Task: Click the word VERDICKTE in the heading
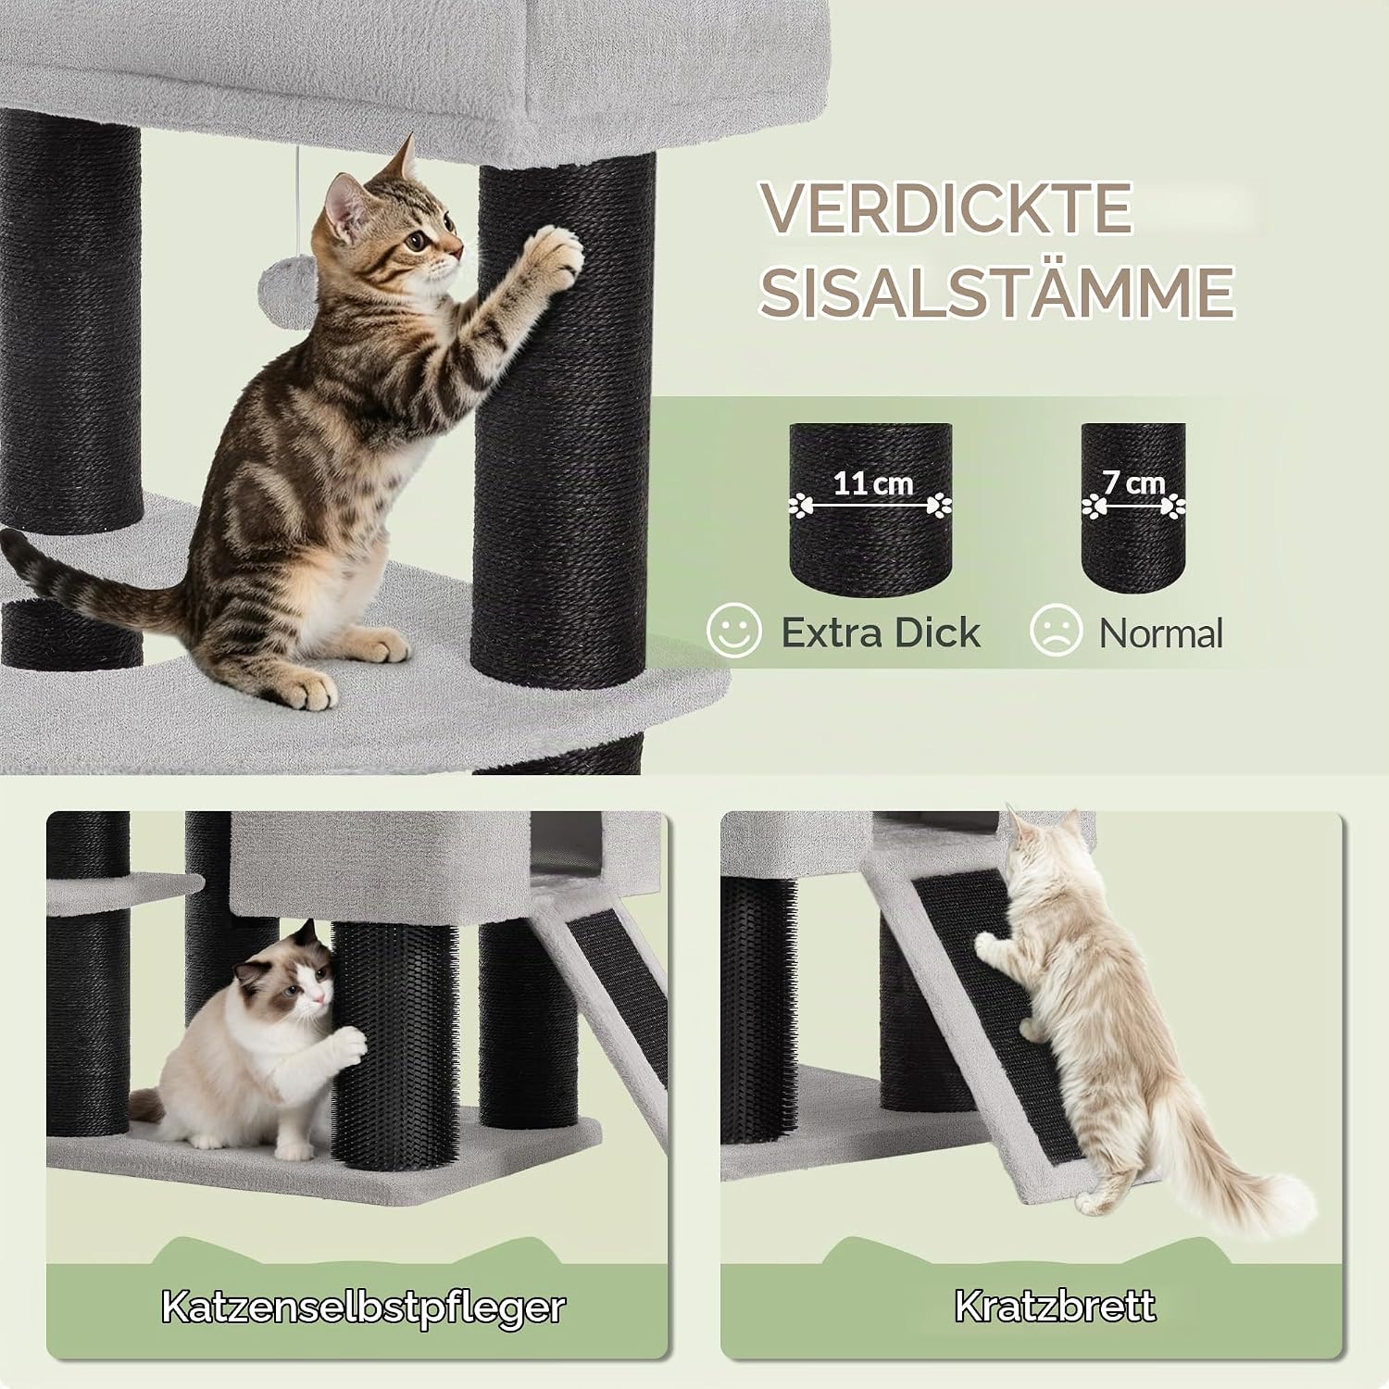(945, 208)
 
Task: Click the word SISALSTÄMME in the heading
(996, 292)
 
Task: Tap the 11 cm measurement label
(872, 483)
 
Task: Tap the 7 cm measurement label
(1133, 482)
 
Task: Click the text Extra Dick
(881, 632)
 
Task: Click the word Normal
(1161, 633)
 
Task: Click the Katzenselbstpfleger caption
(362, 1307)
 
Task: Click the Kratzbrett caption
(1056, 1306)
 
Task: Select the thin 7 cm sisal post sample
(1133, 511)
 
